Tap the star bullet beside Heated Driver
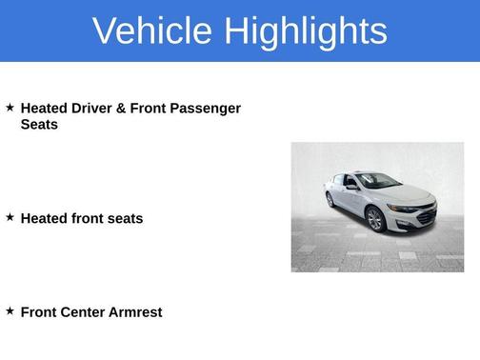[10, 108]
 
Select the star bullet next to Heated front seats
[10, 217]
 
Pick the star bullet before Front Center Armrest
[10, 310]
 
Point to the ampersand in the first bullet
[121, 109]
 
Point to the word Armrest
[138, 311]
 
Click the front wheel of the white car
[374, 219]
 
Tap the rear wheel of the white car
[330, 199]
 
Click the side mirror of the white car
[352, 186]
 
